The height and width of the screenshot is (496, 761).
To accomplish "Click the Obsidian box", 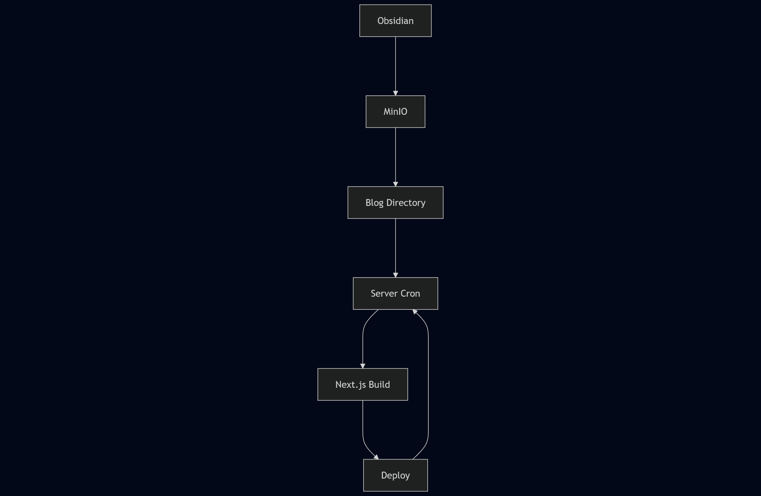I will tap(395, 21).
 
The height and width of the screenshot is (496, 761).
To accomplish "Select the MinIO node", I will tap(395, 112).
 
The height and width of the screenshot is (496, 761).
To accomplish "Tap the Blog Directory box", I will tap(395, 203).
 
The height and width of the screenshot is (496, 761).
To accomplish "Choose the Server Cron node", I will tap(395, 293).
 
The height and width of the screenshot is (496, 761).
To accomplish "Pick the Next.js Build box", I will tap(363, 384).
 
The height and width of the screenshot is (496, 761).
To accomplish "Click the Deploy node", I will tap(395, 475).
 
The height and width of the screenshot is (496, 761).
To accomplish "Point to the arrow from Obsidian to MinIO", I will tap(395, 66).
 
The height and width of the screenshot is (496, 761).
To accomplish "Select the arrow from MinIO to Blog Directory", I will tap(395, 157).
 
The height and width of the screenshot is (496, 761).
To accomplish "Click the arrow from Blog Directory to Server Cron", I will tap(395, 247).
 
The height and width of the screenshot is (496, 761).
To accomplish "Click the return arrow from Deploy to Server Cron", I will tap(428, 385).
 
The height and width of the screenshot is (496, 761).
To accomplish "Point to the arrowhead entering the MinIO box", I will tap(395, 93).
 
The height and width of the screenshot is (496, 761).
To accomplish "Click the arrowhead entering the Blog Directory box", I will tap(395, 184).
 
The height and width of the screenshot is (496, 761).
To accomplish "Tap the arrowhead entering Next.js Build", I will tap(363, 366).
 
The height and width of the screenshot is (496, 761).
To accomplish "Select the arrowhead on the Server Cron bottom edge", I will tap(415, 311).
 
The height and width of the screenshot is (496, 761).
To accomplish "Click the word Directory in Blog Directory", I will tap(406, 203).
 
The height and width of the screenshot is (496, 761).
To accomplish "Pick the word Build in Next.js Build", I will tap(379, 384).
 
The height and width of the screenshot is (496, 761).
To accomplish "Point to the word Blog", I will tap(374, 203).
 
